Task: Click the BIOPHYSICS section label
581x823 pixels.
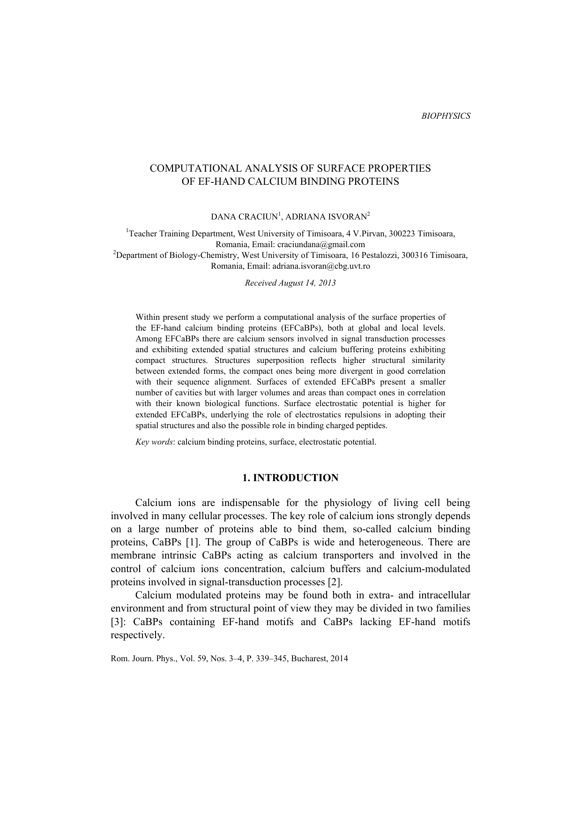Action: pos(446,116)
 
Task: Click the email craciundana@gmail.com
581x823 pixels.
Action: pos(321,244)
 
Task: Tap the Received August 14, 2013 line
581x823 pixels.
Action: pos(290,283)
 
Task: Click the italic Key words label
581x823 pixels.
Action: pos(154,442)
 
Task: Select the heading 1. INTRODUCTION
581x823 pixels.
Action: pos(290,478)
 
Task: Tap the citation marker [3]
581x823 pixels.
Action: pos(118,622)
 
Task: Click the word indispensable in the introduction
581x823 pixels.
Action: pos(251,503)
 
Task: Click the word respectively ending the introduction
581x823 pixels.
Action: pos(137,635)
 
